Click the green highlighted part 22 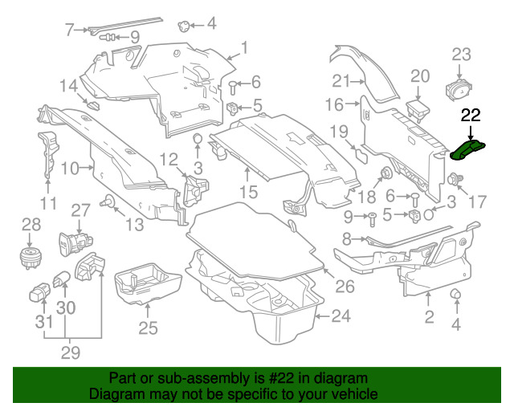point(467,150)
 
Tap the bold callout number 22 point(471,115)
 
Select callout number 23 point(462,55)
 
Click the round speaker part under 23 point(459,88)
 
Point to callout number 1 point(244,47)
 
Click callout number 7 point(69,30)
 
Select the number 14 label point(69,86)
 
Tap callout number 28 point(31,225)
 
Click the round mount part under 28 point(29,258)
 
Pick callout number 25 point(148,328)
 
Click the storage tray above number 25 point(148,283)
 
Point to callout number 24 point(341,316)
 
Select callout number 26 point(345,287)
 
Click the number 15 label point(248,192)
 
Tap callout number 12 point(169,161)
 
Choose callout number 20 point(420,76)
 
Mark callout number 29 point(71,352)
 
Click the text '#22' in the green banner point(282,378)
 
